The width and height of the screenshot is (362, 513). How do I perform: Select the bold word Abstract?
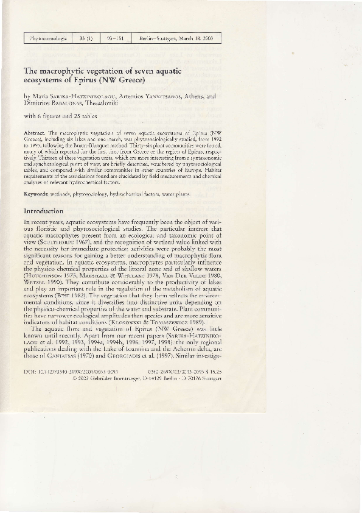click(x=34, y=132)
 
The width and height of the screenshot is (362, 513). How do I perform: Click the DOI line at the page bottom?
click(x=70, y=371)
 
